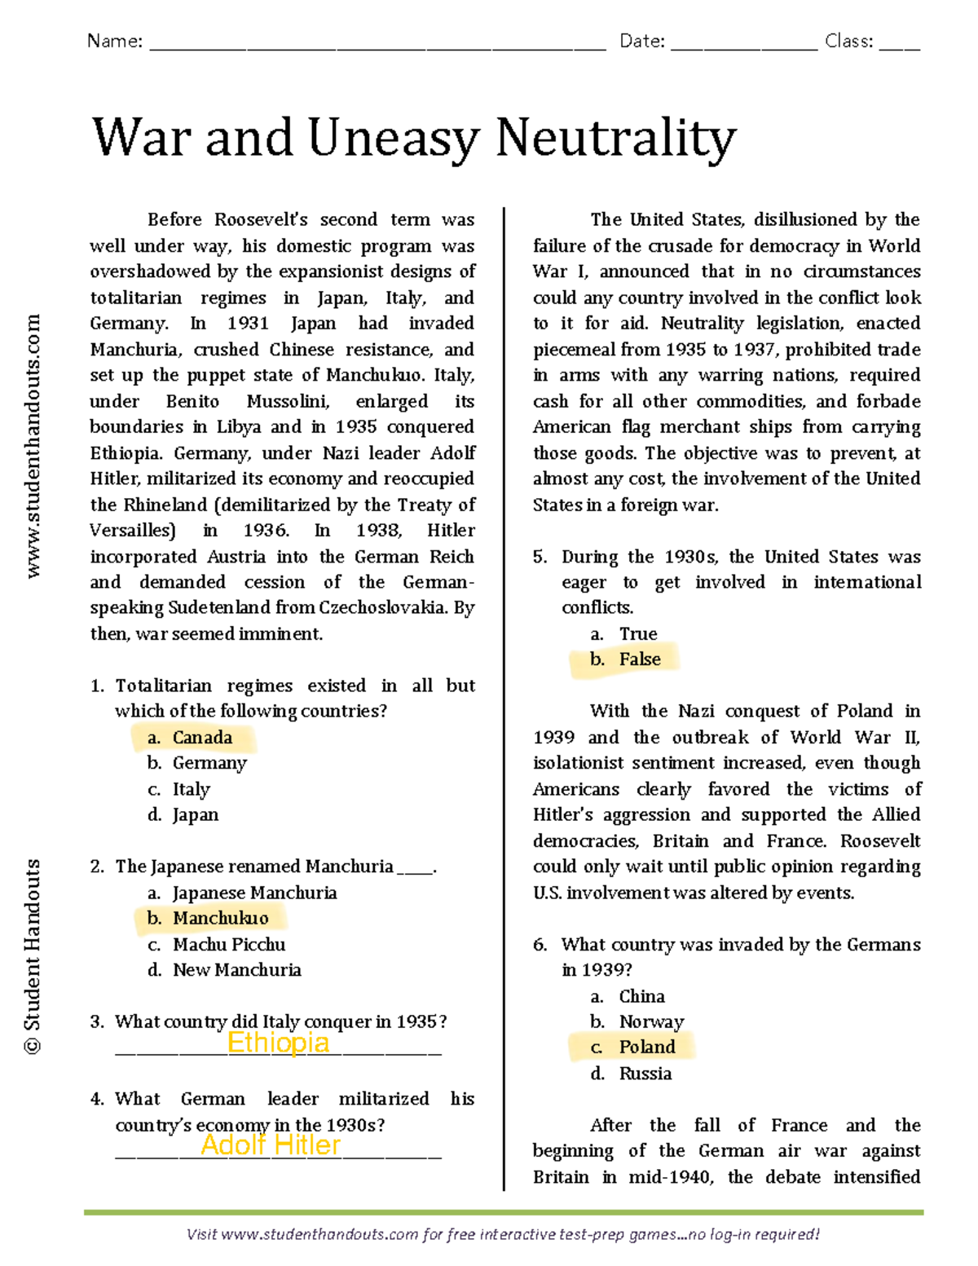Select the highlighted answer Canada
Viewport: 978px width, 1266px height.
[x=201, y=738]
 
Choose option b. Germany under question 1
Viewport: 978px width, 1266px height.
[x=209, y=764]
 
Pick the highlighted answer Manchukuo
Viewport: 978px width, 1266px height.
[x=219, y=919]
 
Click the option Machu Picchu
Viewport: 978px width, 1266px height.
[x=228, y=945]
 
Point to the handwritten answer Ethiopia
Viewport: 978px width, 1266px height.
[x=278, y=1043]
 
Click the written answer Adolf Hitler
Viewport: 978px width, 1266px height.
[x=271, y=1145]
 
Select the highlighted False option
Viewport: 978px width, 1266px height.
[x=639, y=659]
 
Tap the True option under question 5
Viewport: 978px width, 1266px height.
[x=637, y=634]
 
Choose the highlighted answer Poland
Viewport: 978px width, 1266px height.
[x=646, y=1048]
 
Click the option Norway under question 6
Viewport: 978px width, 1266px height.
[x=650, y=1022]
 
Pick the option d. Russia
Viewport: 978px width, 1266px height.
[x=645, y=1074]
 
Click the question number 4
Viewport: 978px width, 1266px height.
[x=97, y=1100]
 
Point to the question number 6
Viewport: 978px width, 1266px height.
[x=540, y=945]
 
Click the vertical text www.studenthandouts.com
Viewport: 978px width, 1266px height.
[x=33, y=447]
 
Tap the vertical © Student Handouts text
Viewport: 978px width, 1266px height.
[x=33, y=956]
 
